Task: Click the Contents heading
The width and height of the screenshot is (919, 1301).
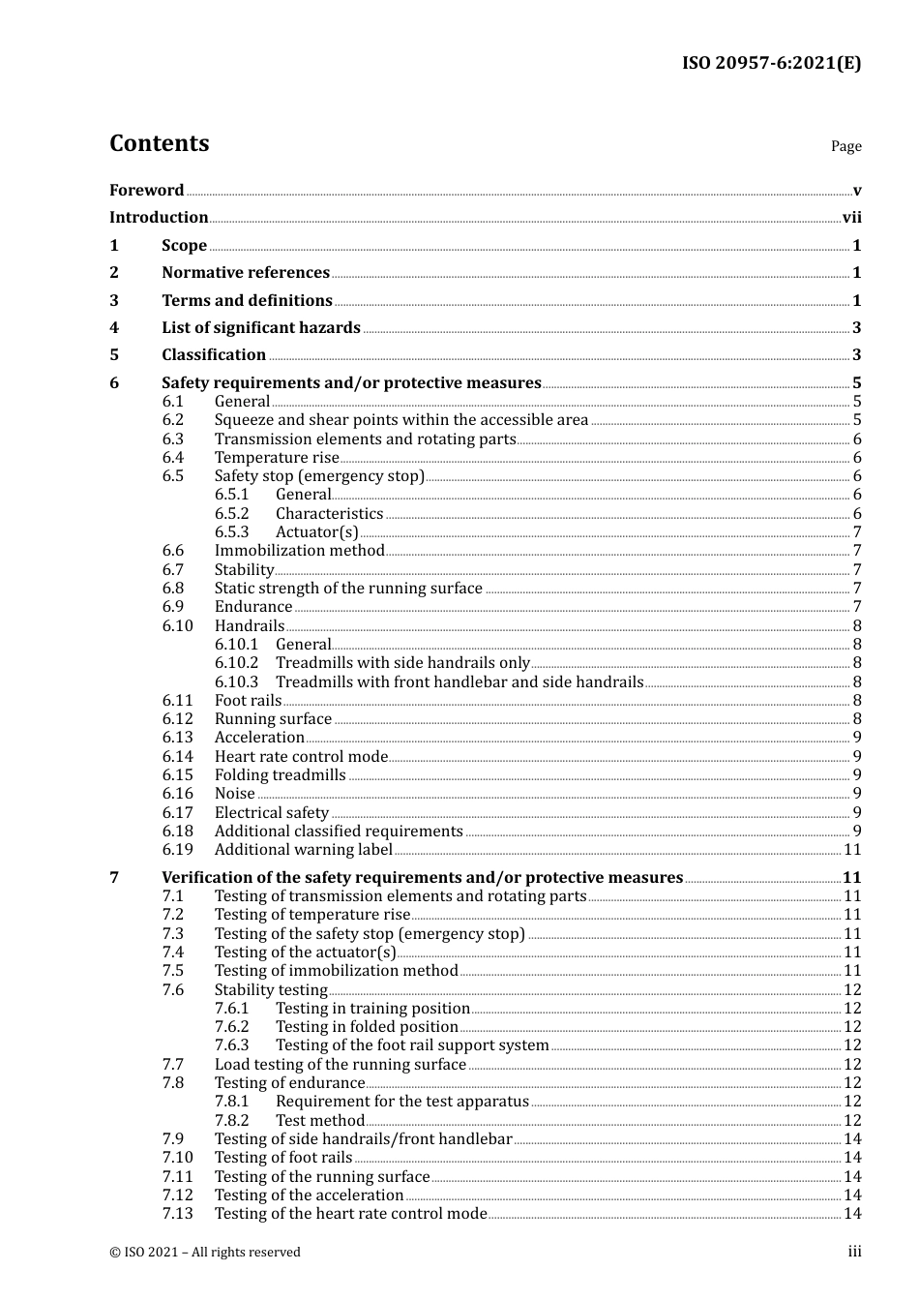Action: click(159, 143)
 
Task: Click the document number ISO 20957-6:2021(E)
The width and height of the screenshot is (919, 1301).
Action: click(771, 64)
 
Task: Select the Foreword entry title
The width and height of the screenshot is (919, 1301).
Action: click(146, 191)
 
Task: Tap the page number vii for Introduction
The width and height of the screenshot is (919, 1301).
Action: click(851, 218)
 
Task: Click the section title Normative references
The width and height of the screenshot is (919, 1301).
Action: click(246, 273)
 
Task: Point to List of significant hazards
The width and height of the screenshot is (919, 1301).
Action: click(261, 328)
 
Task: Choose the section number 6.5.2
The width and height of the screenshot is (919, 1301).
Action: click(231, 514)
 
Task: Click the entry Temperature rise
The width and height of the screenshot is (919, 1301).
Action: click(277, 458)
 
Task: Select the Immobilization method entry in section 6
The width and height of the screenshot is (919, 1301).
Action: click(299, 551)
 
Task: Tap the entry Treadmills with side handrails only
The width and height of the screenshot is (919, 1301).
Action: click(402, 663)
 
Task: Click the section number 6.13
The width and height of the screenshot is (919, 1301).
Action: click(177, 738)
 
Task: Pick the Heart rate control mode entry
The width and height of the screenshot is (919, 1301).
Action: click(301, 757)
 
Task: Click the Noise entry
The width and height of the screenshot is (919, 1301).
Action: click(234, 794)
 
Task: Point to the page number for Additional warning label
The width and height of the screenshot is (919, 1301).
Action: click(852, 850)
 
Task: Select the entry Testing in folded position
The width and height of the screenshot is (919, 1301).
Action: click(367, 1027)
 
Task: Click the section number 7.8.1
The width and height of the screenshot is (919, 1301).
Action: click(231, 1102)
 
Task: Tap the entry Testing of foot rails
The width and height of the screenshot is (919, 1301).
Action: click(283, 1158)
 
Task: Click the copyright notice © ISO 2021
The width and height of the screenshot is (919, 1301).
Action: click(205, 1253)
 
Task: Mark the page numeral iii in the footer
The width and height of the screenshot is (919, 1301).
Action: click(854, 1252)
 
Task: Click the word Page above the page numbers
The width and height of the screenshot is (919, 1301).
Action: click(845, 146)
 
